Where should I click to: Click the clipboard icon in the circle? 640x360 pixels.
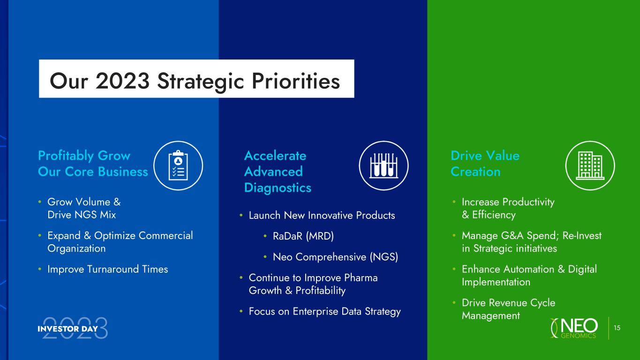tap(178, 165)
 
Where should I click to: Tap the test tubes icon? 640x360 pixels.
tap(384, 165)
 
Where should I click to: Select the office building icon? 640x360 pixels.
tap(590, 165)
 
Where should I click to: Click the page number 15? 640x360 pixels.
tap(617, 328)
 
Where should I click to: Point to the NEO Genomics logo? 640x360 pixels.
tap(574, 328)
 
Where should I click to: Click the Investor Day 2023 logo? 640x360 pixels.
tap(73, 328)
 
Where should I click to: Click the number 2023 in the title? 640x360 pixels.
tap(122, 81)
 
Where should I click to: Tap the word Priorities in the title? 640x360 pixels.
tap(296, 82)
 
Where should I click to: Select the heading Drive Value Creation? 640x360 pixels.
tap(485, 164)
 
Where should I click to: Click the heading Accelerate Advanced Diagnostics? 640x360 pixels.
tap(278, 172)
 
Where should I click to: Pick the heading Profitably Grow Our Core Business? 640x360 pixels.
tap(93, 164)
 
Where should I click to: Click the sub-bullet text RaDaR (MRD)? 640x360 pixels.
tap(303, 236)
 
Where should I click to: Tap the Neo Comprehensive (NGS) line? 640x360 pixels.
tap(335, 257)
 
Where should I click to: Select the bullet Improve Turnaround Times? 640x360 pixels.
tap(108, 269)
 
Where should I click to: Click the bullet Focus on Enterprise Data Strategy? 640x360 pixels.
tap(324, 311)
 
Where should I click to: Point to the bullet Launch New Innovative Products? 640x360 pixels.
tap(322, 216)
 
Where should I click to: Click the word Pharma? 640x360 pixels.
tap(361, 277)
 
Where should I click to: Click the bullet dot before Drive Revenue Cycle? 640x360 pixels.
tap(454, 302)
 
